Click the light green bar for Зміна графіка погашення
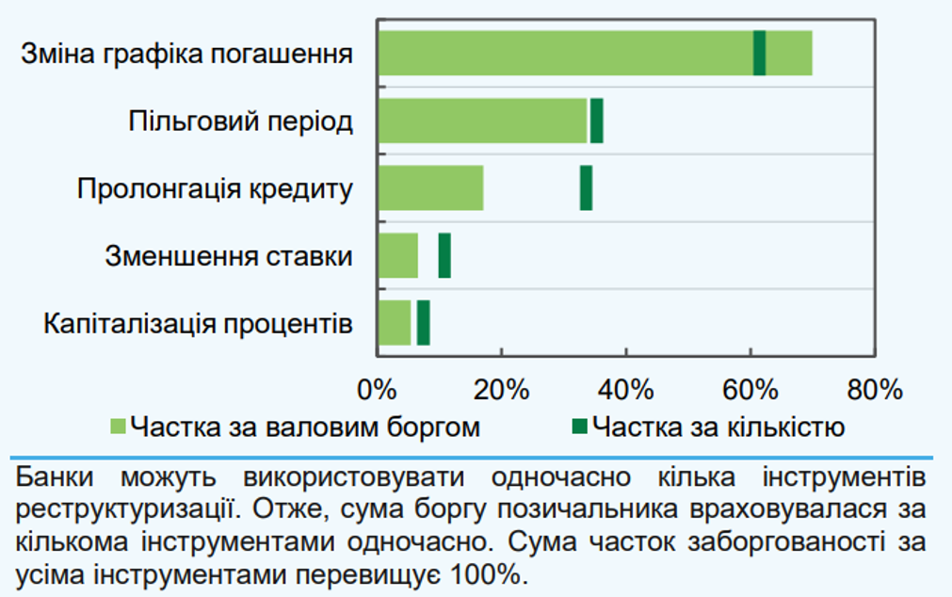565,53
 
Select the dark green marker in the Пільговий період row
596,121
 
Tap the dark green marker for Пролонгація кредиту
586,187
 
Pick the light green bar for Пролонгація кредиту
430,187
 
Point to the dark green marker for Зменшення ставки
444,255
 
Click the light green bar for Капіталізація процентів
395,323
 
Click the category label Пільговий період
240,122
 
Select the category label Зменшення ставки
229,256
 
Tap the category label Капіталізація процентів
198,324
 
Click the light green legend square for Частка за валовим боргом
118,428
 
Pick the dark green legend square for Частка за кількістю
580,428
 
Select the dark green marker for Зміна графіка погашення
759,53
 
